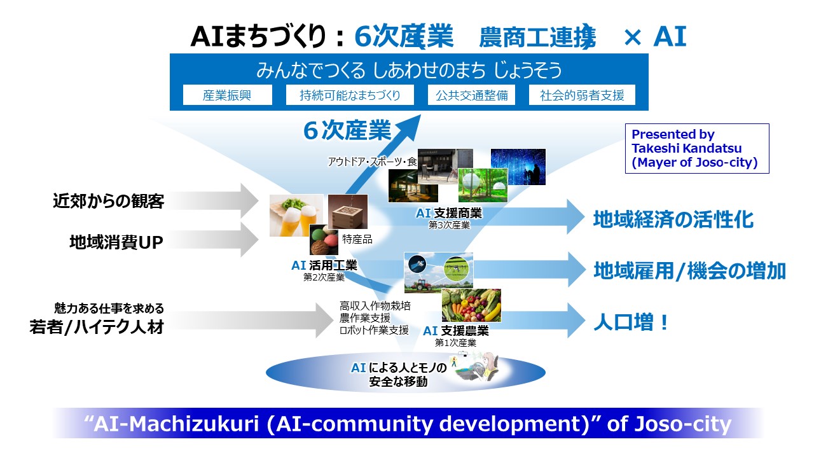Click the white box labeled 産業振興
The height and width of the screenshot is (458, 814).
(228, 95)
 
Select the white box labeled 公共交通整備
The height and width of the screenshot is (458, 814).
(471, 95)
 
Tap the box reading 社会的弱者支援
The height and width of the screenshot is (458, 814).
(582, 95)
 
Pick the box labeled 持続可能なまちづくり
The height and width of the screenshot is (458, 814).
(350, 95)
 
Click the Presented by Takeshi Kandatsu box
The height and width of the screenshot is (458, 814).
(697, 148)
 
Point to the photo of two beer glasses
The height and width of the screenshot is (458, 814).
(296, 215)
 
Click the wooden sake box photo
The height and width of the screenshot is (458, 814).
(348, 212)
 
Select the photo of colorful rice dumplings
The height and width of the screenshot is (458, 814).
(324, 240)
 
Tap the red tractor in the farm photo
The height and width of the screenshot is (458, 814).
(422, 284)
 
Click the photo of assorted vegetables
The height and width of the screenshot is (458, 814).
(471, 305)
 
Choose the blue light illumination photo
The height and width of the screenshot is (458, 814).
(518, 167)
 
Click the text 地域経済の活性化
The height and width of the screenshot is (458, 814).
(673, 219)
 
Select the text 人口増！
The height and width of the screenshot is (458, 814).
(631, 323)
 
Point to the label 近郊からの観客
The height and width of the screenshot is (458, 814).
(109, 201)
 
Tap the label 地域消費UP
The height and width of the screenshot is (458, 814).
(116, 242)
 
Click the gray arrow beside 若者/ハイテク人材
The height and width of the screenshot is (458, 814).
(251, 320)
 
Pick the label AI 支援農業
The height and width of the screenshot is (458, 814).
(456, 331)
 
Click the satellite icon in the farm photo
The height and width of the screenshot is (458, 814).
(417, 264)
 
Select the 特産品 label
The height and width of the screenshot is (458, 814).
(357, 239)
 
